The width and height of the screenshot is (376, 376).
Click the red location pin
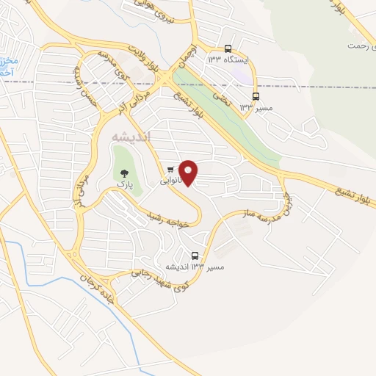[189, 173]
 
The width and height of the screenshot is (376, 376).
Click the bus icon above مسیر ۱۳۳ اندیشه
[195, 256]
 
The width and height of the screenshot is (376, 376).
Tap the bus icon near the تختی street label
[256, 96]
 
